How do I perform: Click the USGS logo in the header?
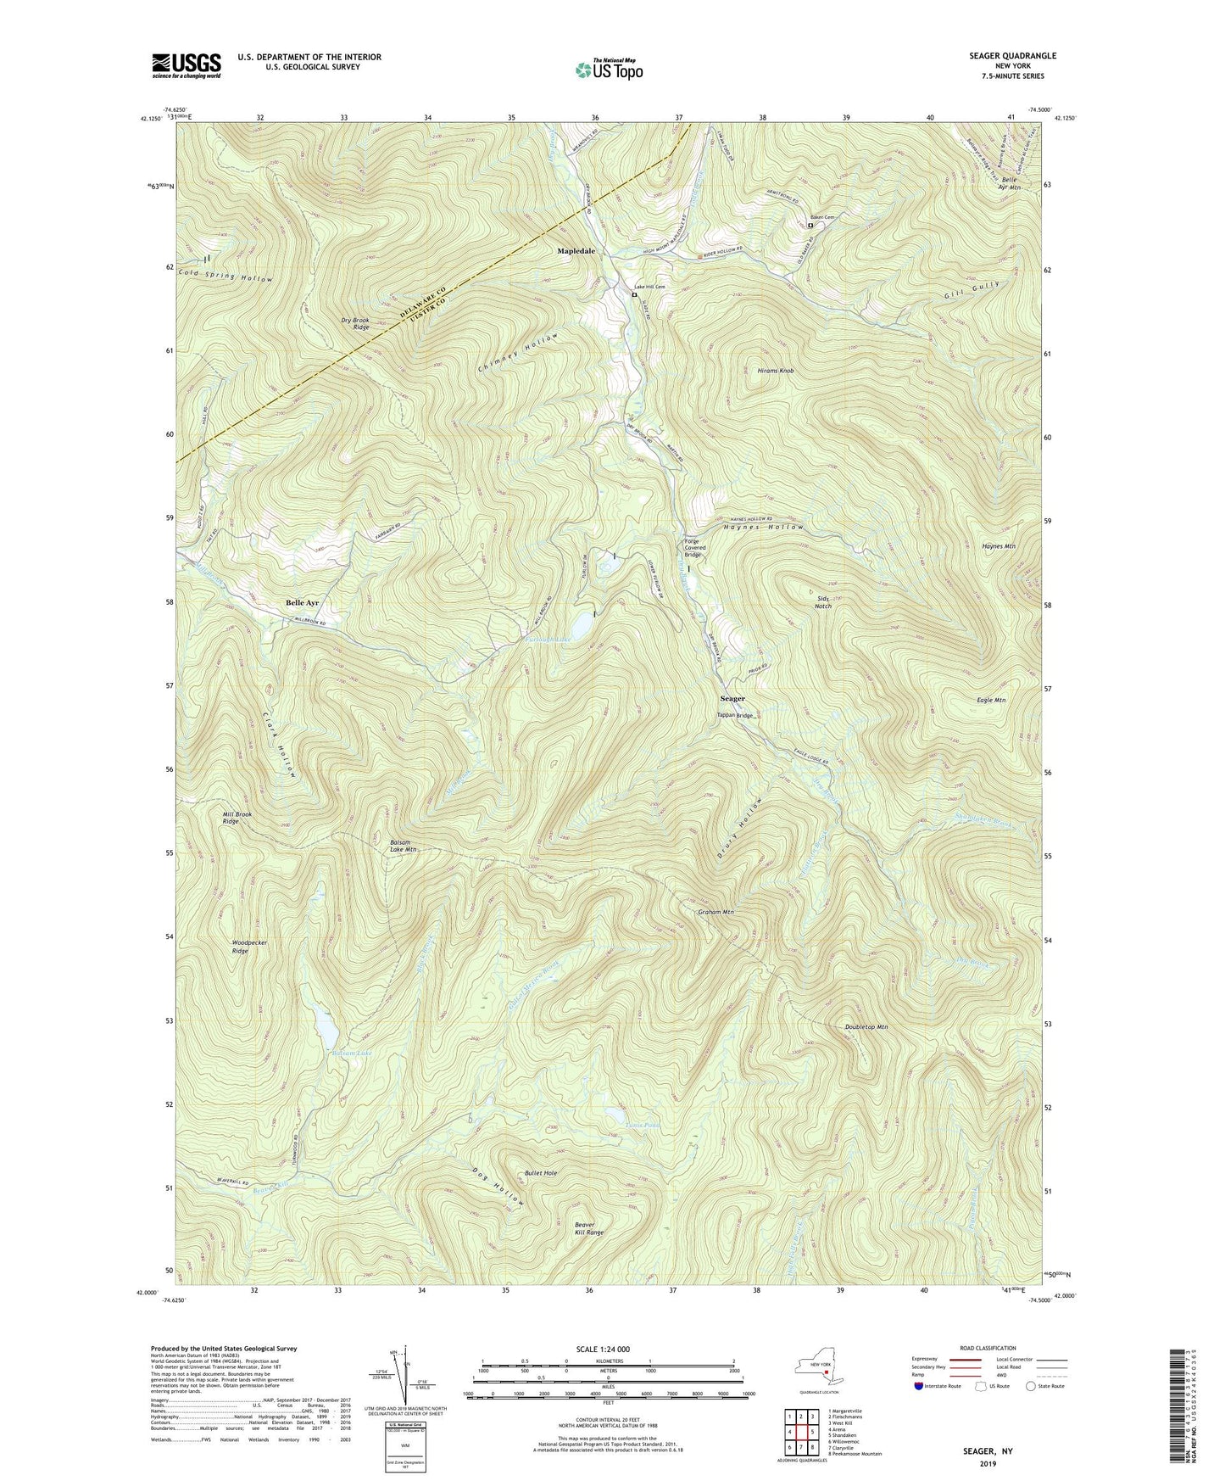[x=187, y=65]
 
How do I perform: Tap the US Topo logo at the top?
[x=608, y=70]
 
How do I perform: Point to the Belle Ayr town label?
[x=307, y=602]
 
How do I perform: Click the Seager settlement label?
[x=732, y=699]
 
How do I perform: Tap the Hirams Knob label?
[x=775, y=372]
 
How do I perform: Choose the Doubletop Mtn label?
[x=866, y=1027]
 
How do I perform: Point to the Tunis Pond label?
[x=642, y=1126]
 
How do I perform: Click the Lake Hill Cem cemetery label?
[x=649, y=287]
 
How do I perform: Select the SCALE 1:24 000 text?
[x=610, y=1349]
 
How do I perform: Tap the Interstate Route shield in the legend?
[x=919, y=1386]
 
